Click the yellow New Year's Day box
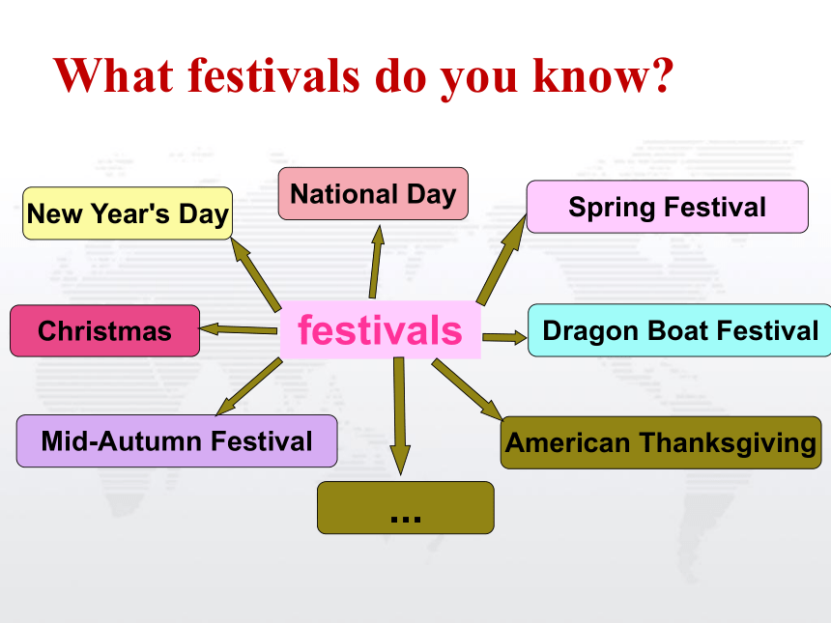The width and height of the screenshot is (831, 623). [x=128, y=212]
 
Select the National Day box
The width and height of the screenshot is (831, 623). [x=373, y=193]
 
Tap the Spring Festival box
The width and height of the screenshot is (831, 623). [x=668, y=207]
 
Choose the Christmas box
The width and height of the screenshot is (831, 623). [x=105, y=330]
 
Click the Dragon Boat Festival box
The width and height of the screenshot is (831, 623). [x=679, y=330]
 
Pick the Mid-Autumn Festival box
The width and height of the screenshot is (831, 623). [x=177, y=440]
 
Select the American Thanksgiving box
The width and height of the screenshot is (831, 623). [x=661, y=442]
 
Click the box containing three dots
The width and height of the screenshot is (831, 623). [x=406, y=507]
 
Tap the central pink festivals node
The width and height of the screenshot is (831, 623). [x=381, y=329]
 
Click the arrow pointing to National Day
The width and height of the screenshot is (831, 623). [x=376, y=262]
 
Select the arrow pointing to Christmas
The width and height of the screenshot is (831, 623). [x=239, y=329]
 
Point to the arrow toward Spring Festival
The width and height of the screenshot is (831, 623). [x=501, y=260]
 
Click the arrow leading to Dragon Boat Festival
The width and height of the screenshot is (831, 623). [x=504, y=337]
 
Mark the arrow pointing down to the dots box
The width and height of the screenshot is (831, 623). [x=400, y=416]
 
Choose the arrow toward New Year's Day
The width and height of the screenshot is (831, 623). [x=256, y=274]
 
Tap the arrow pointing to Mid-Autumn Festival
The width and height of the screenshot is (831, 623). [x=249, y=386]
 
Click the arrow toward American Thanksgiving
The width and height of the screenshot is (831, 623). [x=467, y=389]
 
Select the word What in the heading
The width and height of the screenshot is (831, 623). [x=113, y=74]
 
